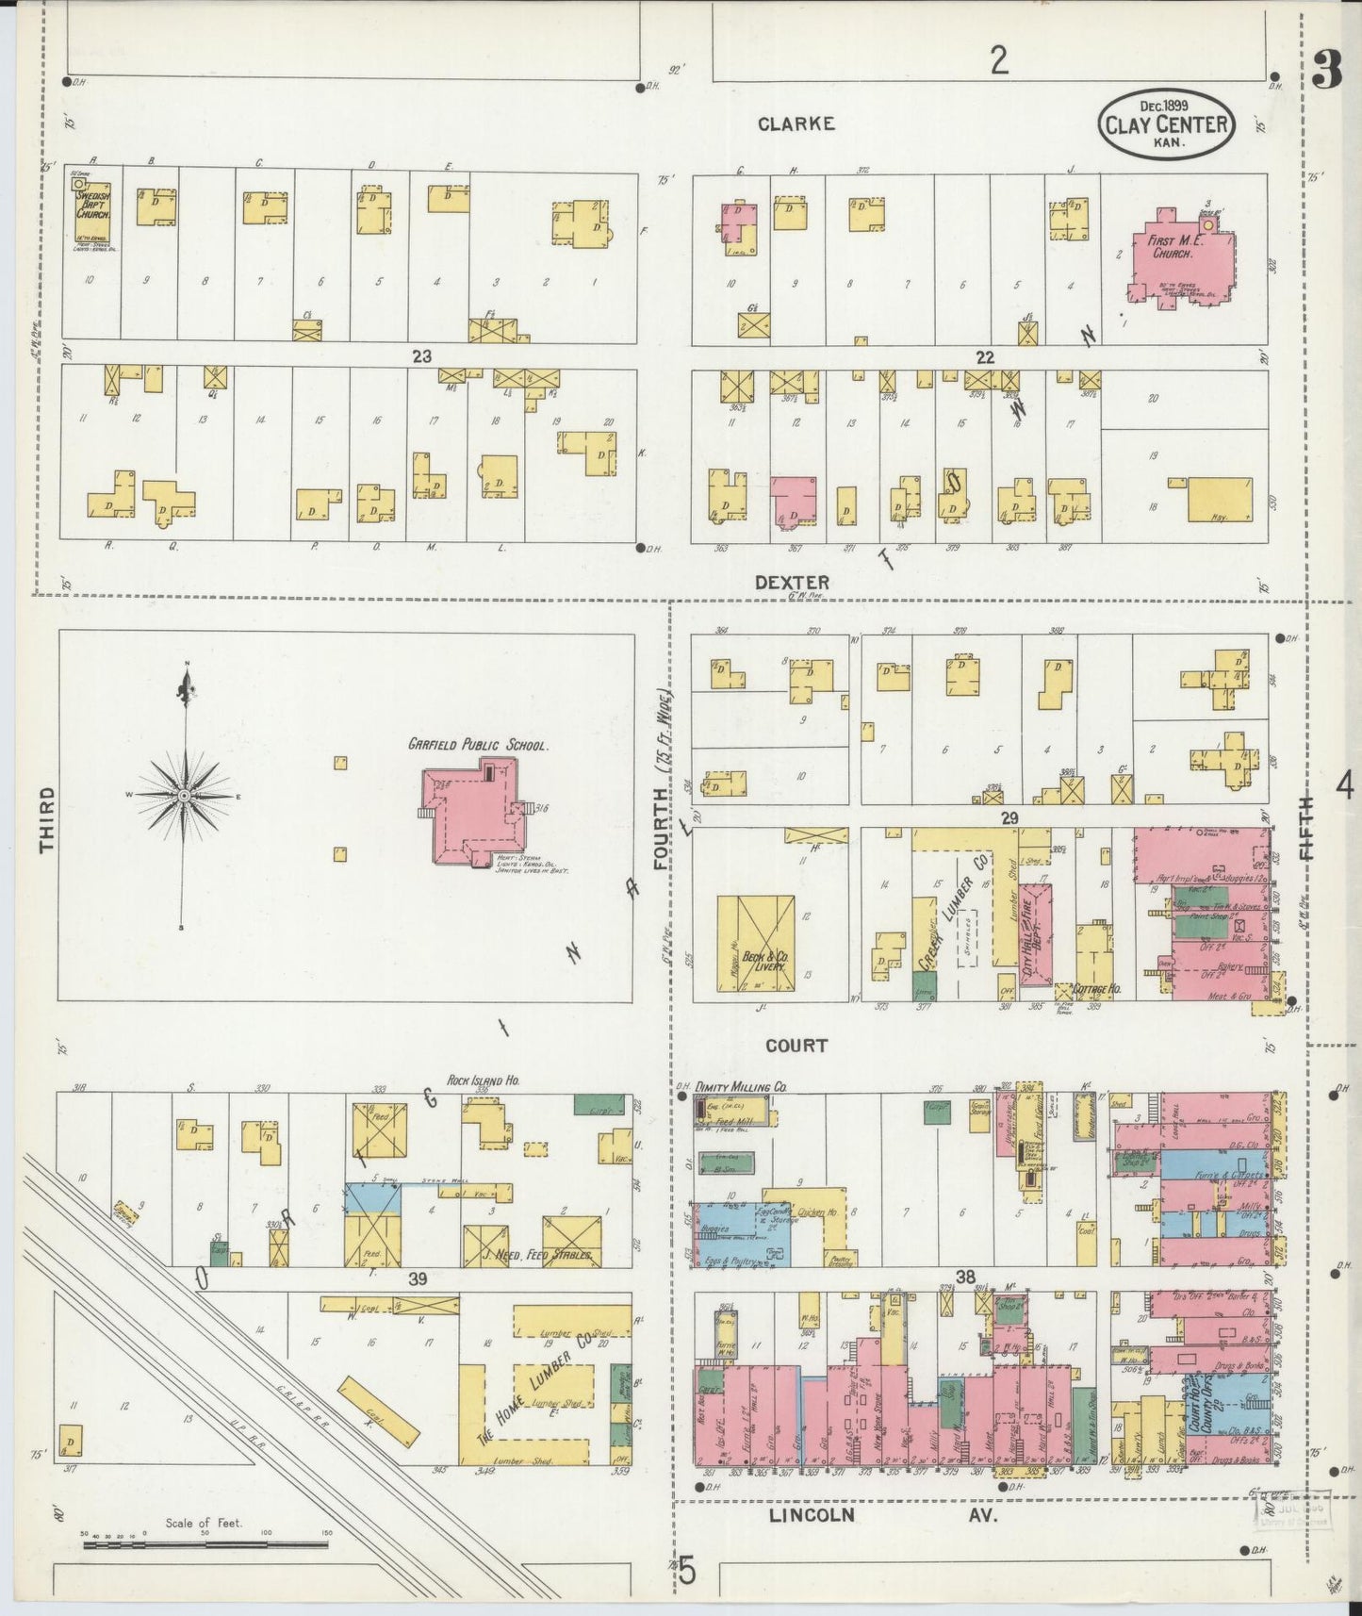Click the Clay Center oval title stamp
(x=1166, y=124)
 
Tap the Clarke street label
(x=796, y=124)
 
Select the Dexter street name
(x=792, y=582)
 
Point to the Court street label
(x=796, y=1045)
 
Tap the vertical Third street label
(x=47, y=819)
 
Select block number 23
(x=421, y=356)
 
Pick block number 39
(x=418, y=1278)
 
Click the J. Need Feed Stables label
(x=537, y=1255)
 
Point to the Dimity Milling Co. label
(x=742, y=1087)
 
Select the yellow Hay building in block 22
(x=1220, y=500)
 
